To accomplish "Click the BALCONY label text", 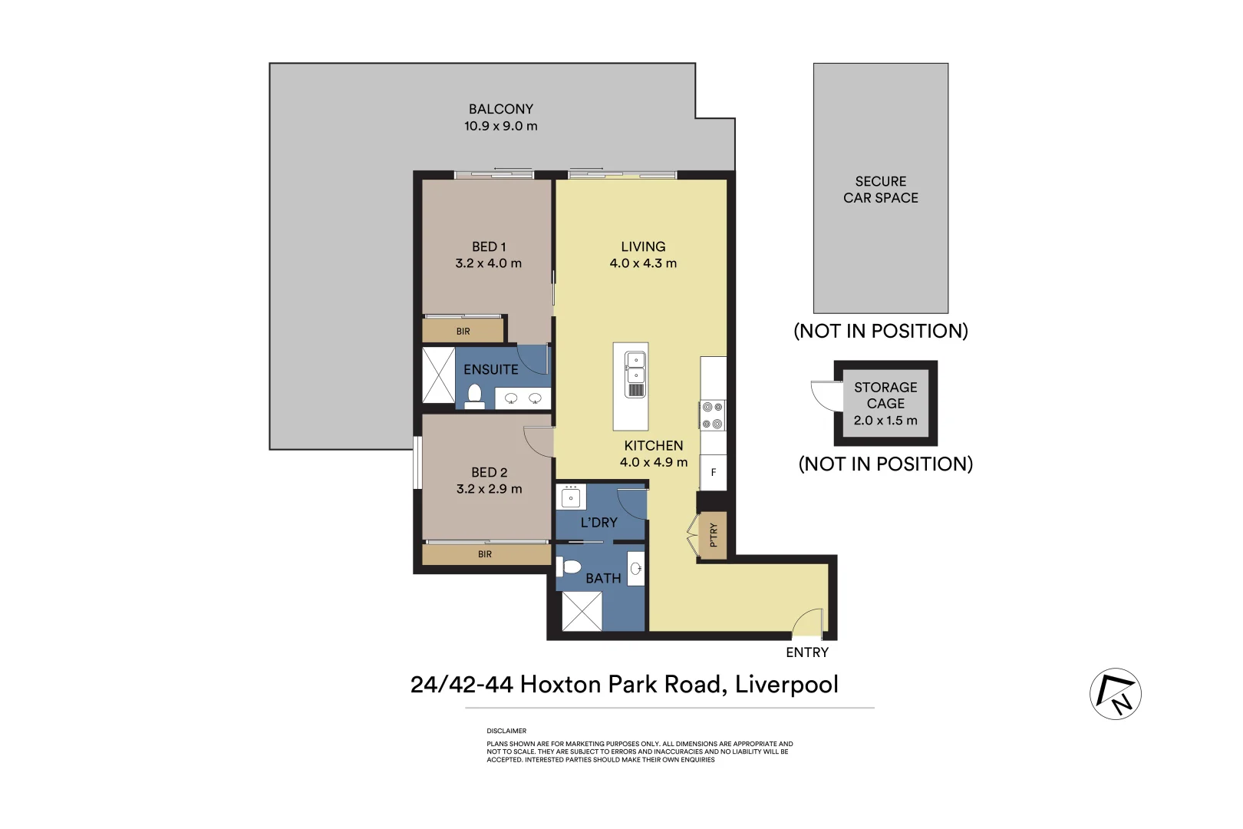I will [x=500, y=109].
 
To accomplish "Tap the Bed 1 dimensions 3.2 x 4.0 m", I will [x=488, y=263].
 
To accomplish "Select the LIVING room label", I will [x=643, y=246].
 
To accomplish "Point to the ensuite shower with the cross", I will [x=439, y=375].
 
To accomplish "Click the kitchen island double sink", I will [x=635, y=368].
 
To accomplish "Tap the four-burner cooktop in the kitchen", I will [x=712, y=415].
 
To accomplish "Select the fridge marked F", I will [x=713, y=472].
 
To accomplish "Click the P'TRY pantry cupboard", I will [x=713, y=534].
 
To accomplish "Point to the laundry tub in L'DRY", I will [x=570, y=497].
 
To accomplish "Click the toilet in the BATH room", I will [x=570, y=567].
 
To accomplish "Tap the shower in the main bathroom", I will [x=582, y=612].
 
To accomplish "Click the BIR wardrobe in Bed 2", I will [x=485, y=554].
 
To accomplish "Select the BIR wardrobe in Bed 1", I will [x=463, y=331].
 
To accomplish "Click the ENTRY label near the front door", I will [x=807, y=652].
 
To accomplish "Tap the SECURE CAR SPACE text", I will [x=880, y=190].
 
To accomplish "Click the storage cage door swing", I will [x=826, y=395].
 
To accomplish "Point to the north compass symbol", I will [x=1115, y=694].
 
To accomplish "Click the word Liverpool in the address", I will [x=786, y=685].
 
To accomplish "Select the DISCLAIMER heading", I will [x=506, y=731].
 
